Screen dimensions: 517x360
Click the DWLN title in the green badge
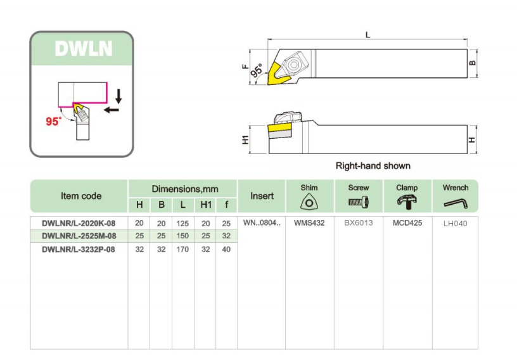point(84,49)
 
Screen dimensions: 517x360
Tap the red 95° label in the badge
point(53,121)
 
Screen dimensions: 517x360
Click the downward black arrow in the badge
point(118,96)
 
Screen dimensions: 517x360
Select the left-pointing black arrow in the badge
point(111,110)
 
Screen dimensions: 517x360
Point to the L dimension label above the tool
point(367,35)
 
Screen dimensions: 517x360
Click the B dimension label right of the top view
point(473,63)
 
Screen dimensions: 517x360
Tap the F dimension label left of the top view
point(245,67)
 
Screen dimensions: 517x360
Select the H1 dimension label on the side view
point(245,139)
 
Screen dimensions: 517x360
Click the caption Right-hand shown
point(373,165)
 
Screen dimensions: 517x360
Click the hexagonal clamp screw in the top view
point(292,65)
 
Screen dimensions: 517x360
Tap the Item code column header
point(81,196)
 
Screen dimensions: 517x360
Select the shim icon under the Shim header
point(309,202)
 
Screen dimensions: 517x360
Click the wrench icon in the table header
point(456,203)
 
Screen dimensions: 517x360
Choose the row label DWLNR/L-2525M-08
point(79,236)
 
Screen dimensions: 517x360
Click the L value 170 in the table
point(182,250)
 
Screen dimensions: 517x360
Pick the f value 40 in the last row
point(226,250)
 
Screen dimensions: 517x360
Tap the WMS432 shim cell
point(309,223)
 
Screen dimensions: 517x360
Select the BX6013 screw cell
point(359,222)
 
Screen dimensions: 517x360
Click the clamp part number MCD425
point(407,223)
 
